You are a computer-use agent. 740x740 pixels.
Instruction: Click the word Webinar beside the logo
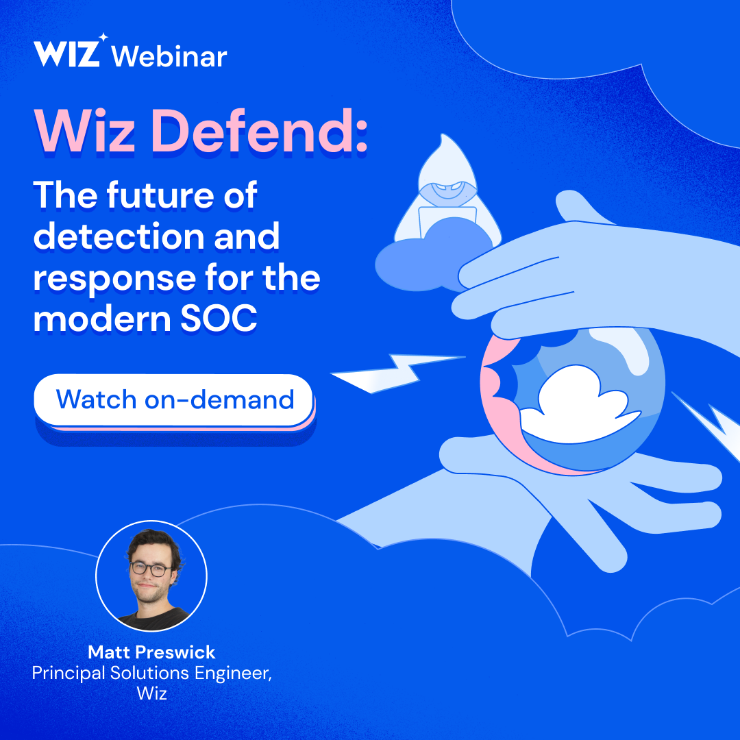[170, 56]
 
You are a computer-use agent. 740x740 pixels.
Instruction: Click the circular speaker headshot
[151, 576]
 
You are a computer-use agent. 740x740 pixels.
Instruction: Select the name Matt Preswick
[151, 651]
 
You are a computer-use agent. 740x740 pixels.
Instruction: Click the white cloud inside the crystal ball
[582, 404]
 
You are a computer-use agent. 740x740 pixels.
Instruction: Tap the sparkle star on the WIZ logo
[102, 37]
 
